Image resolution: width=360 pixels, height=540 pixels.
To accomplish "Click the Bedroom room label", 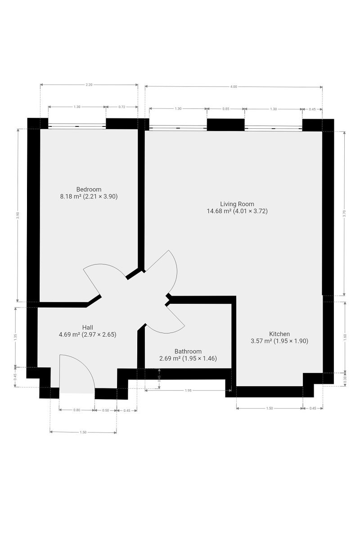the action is (89, 189).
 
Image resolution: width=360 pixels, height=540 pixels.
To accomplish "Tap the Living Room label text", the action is (237, 204).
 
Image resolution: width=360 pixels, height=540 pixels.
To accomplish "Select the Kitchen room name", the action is (279, 334).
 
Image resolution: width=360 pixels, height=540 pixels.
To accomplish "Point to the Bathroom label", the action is (188, 351).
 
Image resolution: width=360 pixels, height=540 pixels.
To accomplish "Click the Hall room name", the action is (88, 328).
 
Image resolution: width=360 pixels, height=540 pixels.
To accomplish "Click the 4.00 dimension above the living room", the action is (234, 87).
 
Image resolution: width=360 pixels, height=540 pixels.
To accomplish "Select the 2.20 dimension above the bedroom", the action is (89, 85).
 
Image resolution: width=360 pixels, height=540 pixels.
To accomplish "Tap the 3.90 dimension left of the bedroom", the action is (18, 215).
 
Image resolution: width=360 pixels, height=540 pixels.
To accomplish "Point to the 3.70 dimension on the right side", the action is (344, 214).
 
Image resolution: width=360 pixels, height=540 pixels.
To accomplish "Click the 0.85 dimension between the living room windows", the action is (226, 109).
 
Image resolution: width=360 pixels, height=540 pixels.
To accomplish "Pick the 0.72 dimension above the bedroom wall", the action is (122, 107).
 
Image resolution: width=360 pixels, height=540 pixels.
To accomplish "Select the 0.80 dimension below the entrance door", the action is (76, 410).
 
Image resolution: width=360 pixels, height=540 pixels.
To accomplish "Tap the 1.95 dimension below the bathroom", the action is (188, 390).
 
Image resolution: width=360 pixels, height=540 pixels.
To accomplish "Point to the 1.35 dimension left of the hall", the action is (15, 337).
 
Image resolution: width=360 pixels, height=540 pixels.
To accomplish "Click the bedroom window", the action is (77, 126).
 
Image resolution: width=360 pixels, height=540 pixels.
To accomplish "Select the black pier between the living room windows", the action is (226, 125).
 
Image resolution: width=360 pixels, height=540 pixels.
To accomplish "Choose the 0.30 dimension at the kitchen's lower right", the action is (345, 380).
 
